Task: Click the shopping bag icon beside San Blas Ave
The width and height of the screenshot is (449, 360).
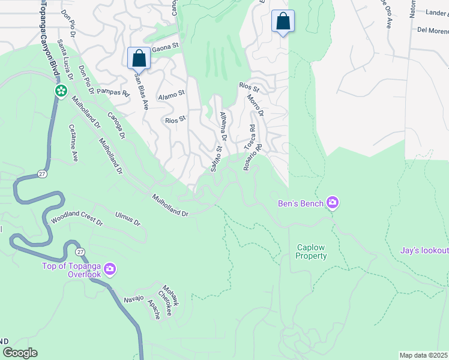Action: (x=139, y=59)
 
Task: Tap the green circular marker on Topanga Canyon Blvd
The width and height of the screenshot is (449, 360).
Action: (x=61, y=91)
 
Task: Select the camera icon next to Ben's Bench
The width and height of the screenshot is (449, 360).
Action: (x=332, y=203)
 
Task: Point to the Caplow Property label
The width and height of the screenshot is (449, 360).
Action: (x=312, y=252)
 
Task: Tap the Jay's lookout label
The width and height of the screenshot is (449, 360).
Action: (x=424, y=250)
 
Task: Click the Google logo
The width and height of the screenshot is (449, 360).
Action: (x=20, y=353)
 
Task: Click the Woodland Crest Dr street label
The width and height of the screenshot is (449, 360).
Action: (x=77, y=217)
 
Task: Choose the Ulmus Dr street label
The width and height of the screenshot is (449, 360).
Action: (x=128, y=218)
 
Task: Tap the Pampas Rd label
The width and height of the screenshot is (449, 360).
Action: (x=113, y=93)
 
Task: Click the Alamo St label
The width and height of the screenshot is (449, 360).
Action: (x=171, y=94)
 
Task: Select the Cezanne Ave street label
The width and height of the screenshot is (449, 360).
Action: (x=74, y=143)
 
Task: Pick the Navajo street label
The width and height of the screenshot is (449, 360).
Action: (x=134, y=298)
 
